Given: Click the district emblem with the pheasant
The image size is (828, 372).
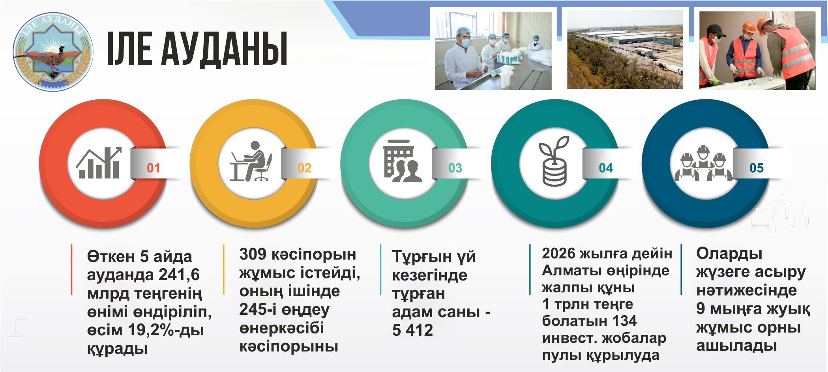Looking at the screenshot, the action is point(53,52).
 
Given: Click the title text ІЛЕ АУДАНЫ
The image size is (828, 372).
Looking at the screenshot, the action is point(197,49).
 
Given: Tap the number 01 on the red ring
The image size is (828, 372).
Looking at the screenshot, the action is point(154,168).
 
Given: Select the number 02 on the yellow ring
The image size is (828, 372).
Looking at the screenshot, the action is point(304,168).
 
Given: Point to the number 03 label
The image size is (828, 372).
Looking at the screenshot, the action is point(455,168).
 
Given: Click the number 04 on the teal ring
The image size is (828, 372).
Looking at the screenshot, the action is point(606,168).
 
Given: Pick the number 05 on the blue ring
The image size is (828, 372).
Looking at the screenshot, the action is point(757,168).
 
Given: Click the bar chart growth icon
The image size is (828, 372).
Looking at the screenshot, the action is point(99,163).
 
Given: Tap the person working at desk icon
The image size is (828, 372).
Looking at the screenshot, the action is point(251,161).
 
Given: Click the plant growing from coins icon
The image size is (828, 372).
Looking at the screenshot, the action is point(554,161).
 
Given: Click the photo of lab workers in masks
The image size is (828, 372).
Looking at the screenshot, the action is point(493,51).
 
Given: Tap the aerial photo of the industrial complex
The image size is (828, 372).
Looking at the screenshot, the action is point(625,50).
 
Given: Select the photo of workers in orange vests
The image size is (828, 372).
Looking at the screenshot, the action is point(757,50).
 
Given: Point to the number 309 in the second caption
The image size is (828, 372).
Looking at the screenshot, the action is point(253,254).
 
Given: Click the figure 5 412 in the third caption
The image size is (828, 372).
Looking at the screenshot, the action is point(412,330).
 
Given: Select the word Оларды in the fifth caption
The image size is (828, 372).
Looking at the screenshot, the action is point(729,254).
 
